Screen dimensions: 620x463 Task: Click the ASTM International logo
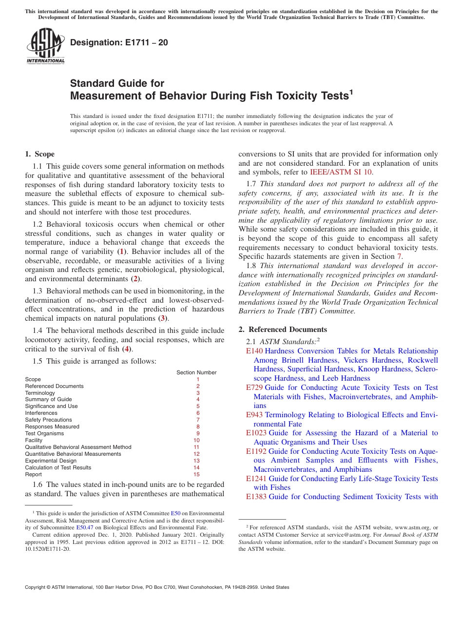click(45, 46)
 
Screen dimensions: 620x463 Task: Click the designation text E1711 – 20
click(119, 42)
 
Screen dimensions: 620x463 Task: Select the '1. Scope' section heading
click(39, 154)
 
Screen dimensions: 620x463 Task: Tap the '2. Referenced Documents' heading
click(283, 329)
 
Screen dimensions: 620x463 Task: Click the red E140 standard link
click(254, 351)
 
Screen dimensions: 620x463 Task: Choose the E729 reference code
click(254, 387)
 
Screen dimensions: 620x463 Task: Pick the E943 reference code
click(254, 415)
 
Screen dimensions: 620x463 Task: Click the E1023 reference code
click(256, 433)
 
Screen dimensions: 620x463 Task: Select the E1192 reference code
click(256, 451)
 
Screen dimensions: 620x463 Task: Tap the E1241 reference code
click(256, 479)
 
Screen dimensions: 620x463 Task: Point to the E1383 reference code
click(256, 497)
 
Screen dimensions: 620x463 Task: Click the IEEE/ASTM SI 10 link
click(341, 172)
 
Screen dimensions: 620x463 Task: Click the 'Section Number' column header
click(196, 372)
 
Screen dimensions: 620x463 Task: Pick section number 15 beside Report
click(196, 474)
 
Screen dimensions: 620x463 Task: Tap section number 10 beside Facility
click(196, 440)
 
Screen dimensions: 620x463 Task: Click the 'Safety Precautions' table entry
click(48, 420)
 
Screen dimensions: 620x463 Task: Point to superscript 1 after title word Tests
click(351, 92)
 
